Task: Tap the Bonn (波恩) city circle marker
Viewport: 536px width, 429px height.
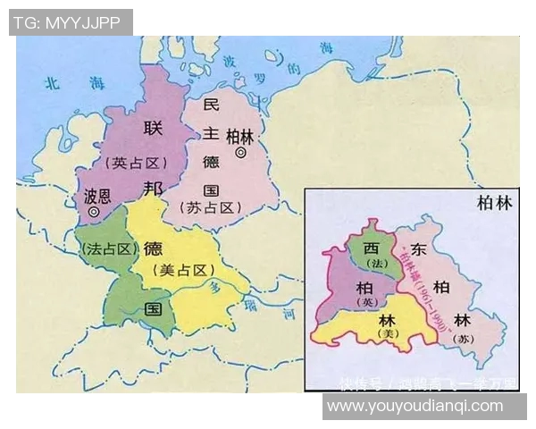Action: (x=94, y=211)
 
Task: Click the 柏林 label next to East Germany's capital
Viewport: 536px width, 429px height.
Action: (x=240, y=136)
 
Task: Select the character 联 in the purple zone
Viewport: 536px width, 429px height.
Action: (x=153, y=130)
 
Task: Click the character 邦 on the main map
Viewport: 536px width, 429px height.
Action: (x=153, y=189)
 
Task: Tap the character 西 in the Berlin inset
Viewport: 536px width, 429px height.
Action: (x=368, y=246)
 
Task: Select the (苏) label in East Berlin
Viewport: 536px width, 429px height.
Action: (x=461, y=339)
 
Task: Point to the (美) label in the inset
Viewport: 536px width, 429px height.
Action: (x=387, y=333)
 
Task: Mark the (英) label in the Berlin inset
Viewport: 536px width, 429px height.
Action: (x=364, y=302)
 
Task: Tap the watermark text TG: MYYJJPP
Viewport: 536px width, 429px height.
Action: (x=70, y=22)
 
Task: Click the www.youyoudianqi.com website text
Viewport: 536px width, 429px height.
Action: (x=415, y=407)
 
